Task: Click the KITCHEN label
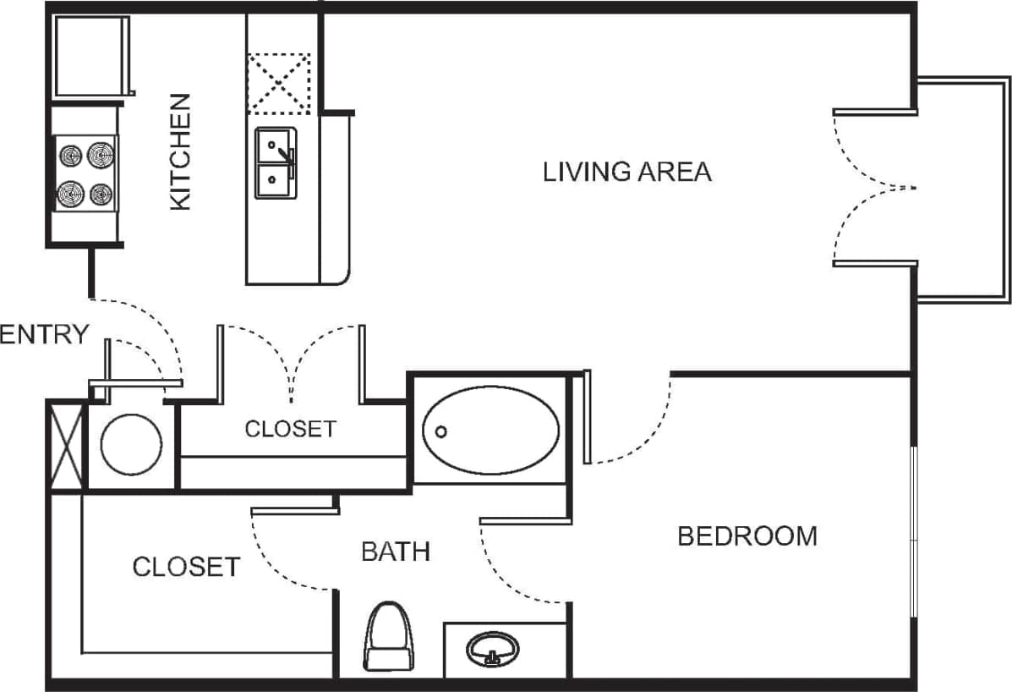(181, 152)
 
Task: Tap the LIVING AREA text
(626, 172)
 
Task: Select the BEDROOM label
(747, 535)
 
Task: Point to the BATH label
(396, 552)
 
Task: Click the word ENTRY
(43, 335)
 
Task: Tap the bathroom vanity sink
(493, 650)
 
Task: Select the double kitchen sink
(276, 163)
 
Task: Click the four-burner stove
(85, 174)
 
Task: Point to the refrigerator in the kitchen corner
(90, 56)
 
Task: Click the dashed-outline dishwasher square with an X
(279, 83)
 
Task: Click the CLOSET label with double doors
(290, 429)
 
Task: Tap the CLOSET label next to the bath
(186, 566)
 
